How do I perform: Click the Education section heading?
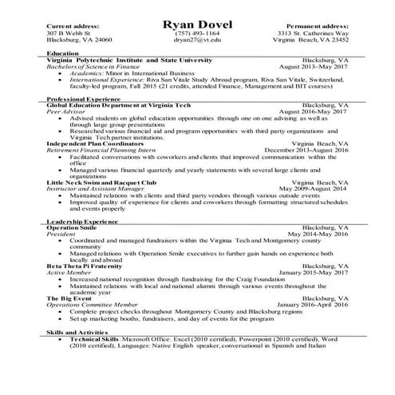(63, 53)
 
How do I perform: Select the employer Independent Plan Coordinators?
(97, 144)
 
